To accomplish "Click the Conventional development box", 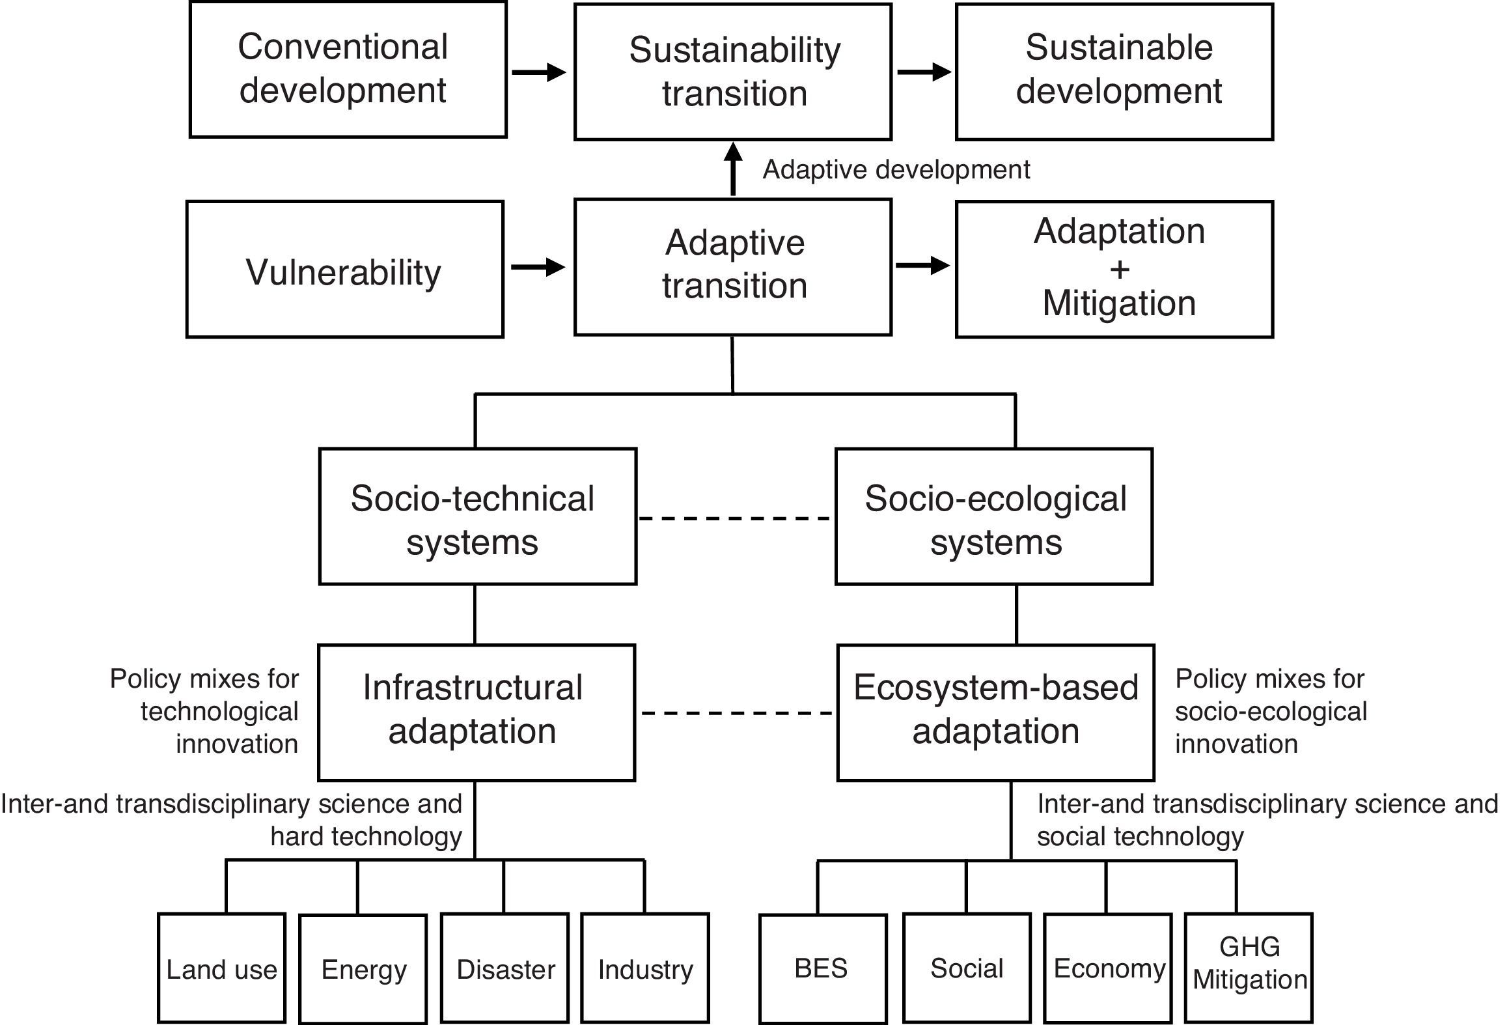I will click(348, 70).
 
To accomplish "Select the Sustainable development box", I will click(1114, 71).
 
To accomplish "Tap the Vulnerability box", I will click(344, 270).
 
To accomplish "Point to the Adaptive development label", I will click(896, 170).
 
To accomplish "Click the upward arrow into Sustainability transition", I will click(733, 168).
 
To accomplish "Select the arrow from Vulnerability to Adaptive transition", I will click(538, 266).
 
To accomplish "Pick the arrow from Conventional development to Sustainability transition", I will click(539, 72).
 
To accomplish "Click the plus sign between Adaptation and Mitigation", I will click(1119, 268).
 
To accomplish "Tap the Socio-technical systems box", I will click(477, 516).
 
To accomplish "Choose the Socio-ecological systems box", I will click(993, 516).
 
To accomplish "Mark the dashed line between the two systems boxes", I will click(735, 518).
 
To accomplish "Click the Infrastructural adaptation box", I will click(476, 712).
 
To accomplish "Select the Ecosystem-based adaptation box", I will click(995, 712).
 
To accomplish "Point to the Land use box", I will click(221, 968).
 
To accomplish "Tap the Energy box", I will click(363, 968).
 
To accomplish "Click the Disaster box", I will click(505, 968).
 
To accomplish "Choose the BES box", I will click(822, 968).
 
